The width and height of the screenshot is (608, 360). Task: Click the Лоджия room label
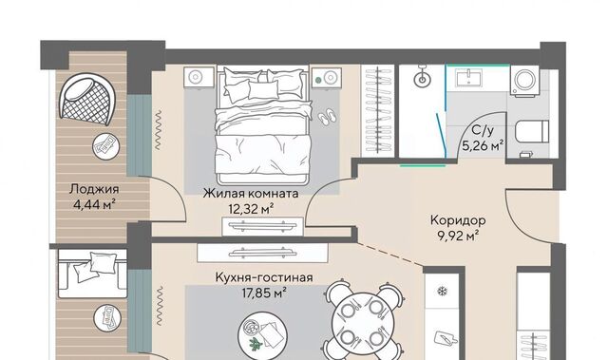pos(94,189)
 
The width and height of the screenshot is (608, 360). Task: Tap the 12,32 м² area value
pos(251,209)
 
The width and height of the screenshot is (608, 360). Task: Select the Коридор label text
pos(458,220)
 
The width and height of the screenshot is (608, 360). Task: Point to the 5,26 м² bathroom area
pos(483,146)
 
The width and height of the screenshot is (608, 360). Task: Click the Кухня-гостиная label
pos(264,278)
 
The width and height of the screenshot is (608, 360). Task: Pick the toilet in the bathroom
pos(532,131)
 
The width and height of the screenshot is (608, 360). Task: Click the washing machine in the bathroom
pos(524,80)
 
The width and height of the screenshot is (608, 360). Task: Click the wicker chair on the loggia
pos(86,100)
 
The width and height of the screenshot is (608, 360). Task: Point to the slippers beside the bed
pos(328,116)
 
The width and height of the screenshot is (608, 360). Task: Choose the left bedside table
pos(199,77)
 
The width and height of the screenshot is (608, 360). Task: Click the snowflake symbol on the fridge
pos(441,291)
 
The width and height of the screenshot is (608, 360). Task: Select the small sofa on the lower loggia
pos(92,274)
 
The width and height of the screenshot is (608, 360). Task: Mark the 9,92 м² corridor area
pos(458,236)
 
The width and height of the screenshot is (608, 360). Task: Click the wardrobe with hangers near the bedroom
pos(378,111)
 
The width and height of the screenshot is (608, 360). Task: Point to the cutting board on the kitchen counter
pos(443,338)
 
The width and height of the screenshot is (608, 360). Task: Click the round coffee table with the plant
pos(262,334)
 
